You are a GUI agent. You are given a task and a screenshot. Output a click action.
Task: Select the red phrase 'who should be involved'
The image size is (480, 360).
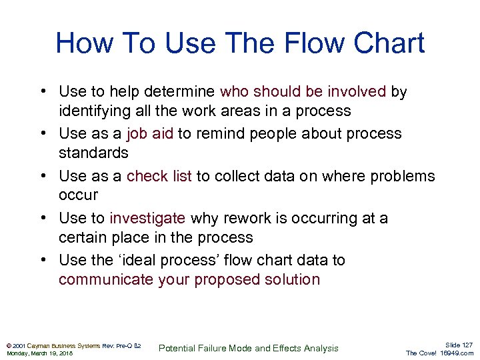[303, 91]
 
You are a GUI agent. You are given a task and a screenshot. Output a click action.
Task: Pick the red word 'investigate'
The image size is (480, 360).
[147, 218]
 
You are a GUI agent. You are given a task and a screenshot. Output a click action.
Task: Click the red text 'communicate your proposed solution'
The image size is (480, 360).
[189, 279]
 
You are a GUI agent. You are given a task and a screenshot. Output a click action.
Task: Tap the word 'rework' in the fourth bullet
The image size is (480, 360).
[215, 218]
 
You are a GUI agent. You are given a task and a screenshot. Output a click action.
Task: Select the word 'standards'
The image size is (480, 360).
[93, 153]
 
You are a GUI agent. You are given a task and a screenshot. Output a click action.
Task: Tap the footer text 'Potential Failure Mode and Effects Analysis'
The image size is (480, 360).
[249, 348]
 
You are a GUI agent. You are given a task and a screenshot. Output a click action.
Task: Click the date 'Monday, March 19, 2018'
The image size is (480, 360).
[40, 353]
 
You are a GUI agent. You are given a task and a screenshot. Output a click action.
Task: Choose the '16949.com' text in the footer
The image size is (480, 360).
[457, 353]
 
